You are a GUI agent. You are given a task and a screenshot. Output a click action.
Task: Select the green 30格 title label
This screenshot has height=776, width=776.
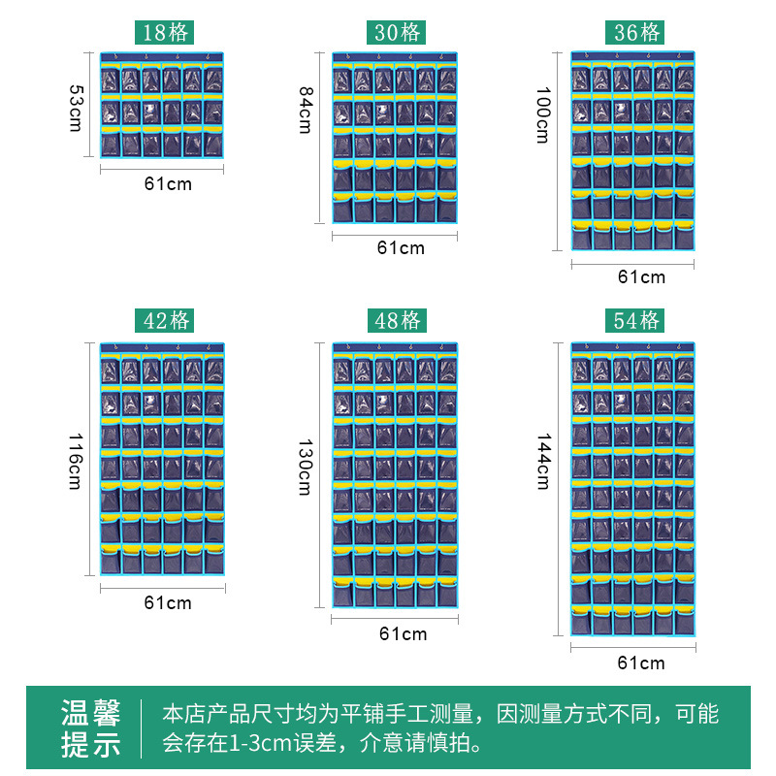(x=396, y=32)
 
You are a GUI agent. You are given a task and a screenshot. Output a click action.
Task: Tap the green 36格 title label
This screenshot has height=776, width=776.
(x=636, y=32)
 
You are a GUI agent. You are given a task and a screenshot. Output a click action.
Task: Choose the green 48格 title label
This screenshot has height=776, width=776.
(x=396, y=320)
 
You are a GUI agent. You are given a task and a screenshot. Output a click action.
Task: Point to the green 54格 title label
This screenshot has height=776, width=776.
(x=636, y=320)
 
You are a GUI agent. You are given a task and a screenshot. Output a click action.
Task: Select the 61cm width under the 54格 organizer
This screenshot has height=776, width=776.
(x=641, y=663)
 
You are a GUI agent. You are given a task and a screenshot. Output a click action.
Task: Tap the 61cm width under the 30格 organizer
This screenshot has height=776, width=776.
(x=401, y=247)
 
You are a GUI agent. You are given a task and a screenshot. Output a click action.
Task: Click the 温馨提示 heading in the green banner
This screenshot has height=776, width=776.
(x=91, y=729)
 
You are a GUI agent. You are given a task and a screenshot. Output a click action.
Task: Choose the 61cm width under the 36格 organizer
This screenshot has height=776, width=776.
(x=641, y=276)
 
